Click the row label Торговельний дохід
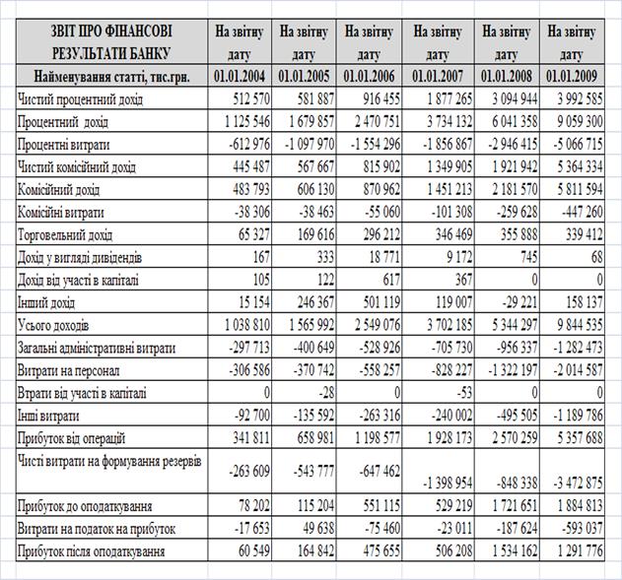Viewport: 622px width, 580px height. (x=65, y=235)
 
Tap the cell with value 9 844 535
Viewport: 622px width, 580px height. (x=581, y=325)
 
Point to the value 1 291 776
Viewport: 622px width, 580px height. (x=581, y=552)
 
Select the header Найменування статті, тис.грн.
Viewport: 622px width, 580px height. (x=104, y=75)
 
